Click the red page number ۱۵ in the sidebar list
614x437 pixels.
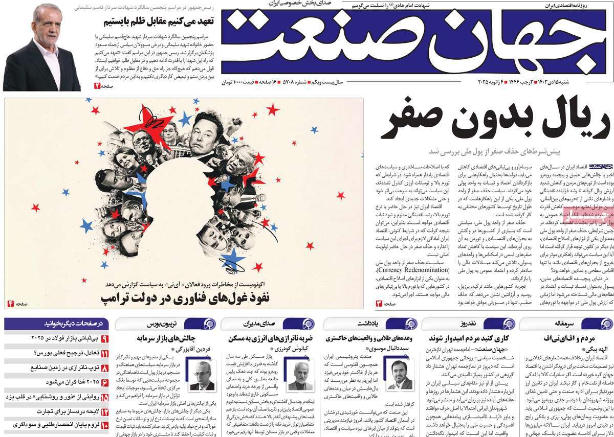click(x=104, y=397)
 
